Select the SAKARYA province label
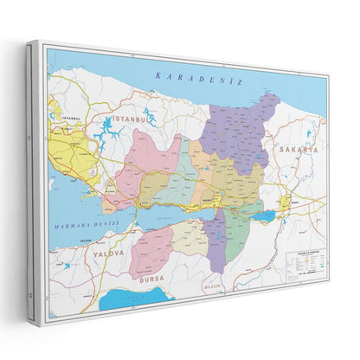pos(299,150)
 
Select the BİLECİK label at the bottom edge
pos(212,285)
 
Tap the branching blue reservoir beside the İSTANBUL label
pos(109,132)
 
